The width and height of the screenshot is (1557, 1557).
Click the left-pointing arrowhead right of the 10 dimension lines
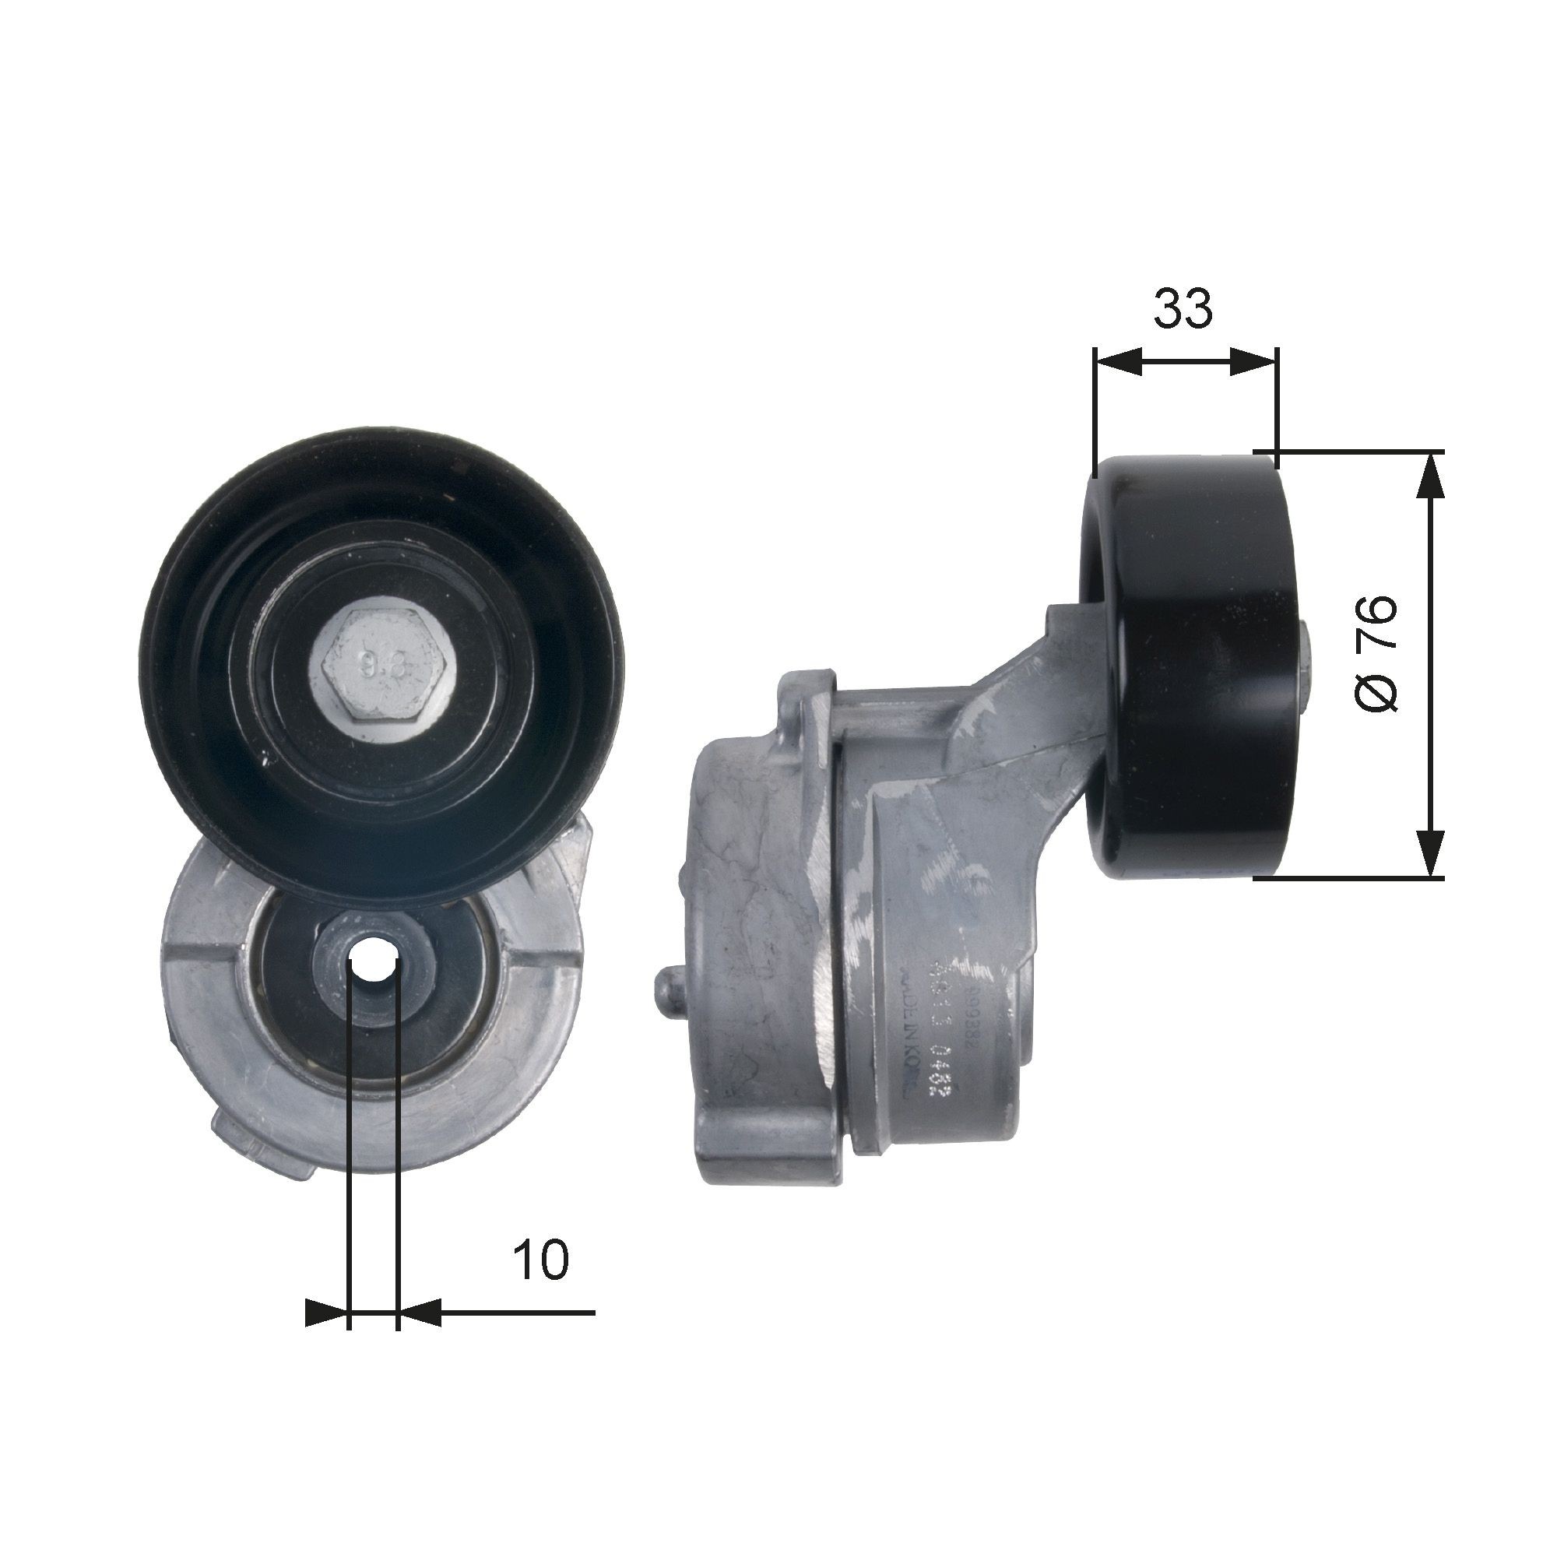pos(419,1313)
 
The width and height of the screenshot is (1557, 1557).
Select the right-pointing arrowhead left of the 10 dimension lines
pos(326,1313)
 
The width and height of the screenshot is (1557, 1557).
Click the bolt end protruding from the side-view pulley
pos(1308,658)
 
